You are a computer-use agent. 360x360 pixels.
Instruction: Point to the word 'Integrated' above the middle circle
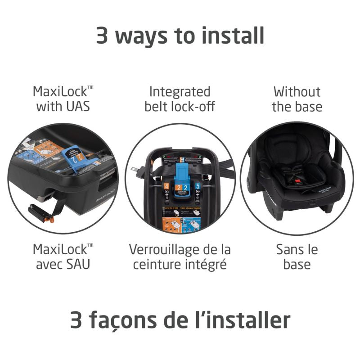180,92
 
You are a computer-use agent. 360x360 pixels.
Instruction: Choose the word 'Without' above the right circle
297,92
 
